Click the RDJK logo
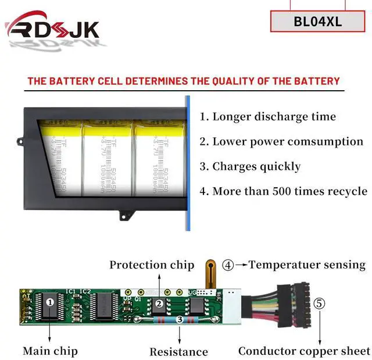tap(52, 29)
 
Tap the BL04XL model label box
tap(318, 22)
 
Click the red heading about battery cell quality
tap(183, 81)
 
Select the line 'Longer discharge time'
tap(267, 116)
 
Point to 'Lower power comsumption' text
tap(281, 141)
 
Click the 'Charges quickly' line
tap(250, 166)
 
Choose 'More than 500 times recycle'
tap(284, 191)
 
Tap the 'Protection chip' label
tap(152, 265)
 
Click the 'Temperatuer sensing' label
tap(307, 265)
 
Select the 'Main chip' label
tap(50, 351)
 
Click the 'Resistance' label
tap(178, 352)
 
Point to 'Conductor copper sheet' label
tap(304, 351)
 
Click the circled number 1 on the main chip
tap(50, 302)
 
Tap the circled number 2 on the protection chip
tap(158, 303)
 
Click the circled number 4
tap(228, 265)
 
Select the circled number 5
tap(320, 303)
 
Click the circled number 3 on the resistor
tap(180, 319)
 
